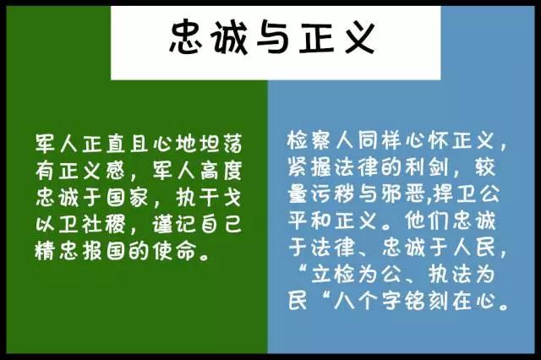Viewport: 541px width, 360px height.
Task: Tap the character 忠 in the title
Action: click(185, 37)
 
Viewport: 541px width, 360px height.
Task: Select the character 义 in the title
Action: click(358, 37)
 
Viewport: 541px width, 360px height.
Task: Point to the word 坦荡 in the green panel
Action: click(221, 143)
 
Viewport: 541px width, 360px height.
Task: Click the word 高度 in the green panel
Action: click(221, 170)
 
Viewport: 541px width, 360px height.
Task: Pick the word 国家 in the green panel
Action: click(127, 198)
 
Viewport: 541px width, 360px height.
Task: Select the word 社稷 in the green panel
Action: click(103, 225)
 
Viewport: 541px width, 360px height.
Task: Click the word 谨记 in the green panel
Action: click(174, 225)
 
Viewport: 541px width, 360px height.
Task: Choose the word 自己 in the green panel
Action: click(221, 225)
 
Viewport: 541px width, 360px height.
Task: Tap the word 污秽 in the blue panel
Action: click(333, 194)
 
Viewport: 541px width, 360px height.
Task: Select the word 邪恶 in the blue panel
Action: click(404, 194)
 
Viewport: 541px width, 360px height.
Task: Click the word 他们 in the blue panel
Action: click(428, 221)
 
